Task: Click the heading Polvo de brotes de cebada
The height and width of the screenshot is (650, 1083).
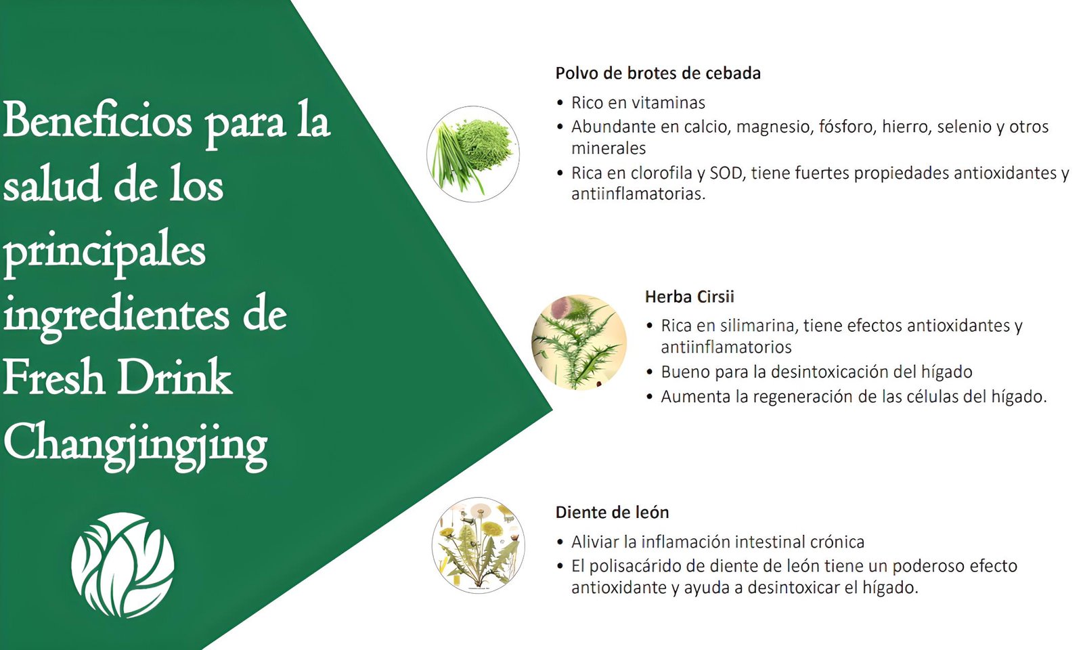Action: [657, 73]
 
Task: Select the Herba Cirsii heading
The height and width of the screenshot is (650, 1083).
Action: [690, 297]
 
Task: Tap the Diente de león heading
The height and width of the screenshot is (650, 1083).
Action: [612, 512]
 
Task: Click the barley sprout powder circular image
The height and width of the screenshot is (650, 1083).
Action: [473, 154]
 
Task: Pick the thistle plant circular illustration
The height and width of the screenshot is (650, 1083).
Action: [579, 343]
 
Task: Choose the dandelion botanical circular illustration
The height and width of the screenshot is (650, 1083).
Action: [478, 545]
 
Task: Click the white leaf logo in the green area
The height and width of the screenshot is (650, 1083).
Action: [123, 565]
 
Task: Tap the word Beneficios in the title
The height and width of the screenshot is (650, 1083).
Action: [97, 121]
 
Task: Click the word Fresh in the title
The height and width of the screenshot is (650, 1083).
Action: [54, 378]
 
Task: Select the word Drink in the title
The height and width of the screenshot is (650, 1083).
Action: [175, 378]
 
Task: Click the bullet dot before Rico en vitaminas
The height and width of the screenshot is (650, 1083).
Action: [560, 102]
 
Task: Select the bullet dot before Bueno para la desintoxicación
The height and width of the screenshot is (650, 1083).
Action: [650, 372]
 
